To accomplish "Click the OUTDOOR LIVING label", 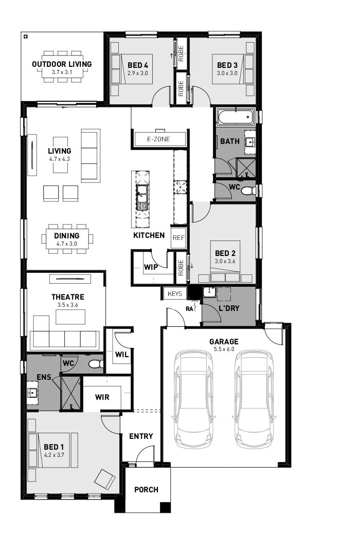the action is (x=62, y=64).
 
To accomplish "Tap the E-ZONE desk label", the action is (x=158, y=139).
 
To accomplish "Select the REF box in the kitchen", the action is (x=178, y=238).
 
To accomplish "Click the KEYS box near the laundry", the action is (x=175, y=294).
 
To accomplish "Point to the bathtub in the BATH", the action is (x=236, y=117).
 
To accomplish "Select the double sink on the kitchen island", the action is (x=141, y=197).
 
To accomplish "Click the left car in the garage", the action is (x=194, y=398).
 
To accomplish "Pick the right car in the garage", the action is (x=254, y=398).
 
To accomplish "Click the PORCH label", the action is (x=147, y=490).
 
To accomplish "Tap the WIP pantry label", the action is (x=151, y=267).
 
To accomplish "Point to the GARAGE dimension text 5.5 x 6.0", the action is (x=224, y=349).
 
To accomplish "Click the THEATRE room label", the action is (x=68, y=297).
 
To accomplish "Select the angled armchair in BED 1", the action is (x=105, y=479).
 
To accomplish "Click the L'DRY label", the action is (x=229, y=308).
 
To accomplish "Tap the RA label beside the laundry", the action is (x=190, y=308).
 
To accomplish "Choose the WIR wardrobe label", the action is (x=102, y=397).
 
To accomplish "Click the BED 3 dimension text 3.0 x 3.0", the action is (x=227, y=73).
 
